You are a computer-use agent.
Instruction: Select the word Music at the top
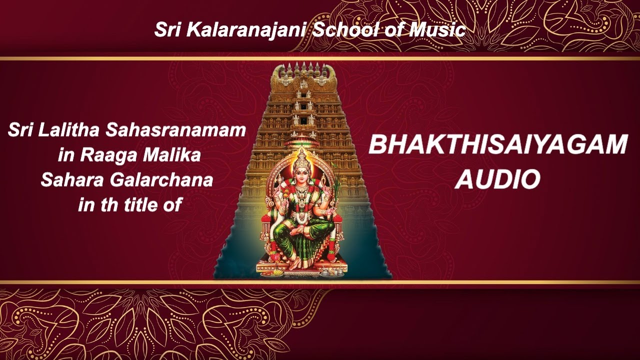437,29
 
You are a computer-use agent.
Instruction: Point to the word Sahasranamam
175,130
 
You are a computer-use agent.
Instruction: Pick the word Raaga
107,155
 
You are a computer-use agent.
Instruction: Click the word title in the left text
135,204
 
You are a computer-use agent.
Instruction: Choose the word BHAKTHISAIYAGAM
497,144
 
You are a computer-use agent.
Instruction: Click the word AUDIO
497,179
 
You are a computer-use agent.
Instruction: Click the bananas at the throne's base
277,273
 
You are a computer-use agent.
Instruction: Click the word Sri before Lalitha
20,130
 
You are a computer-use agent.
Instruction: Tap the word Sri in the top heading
168,29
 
